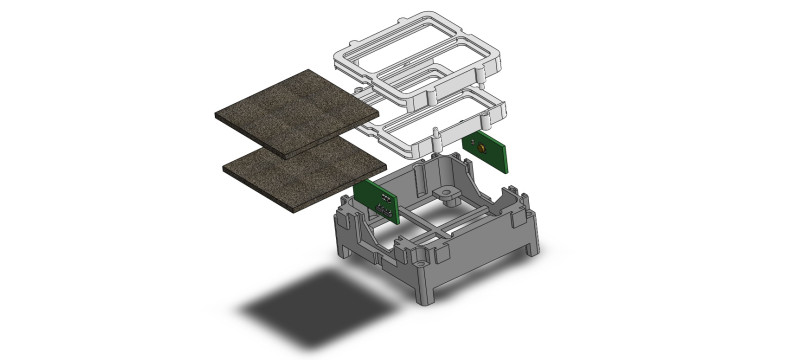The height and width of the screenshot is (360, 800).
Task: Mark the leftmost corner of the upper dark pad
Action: (215, 113)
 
